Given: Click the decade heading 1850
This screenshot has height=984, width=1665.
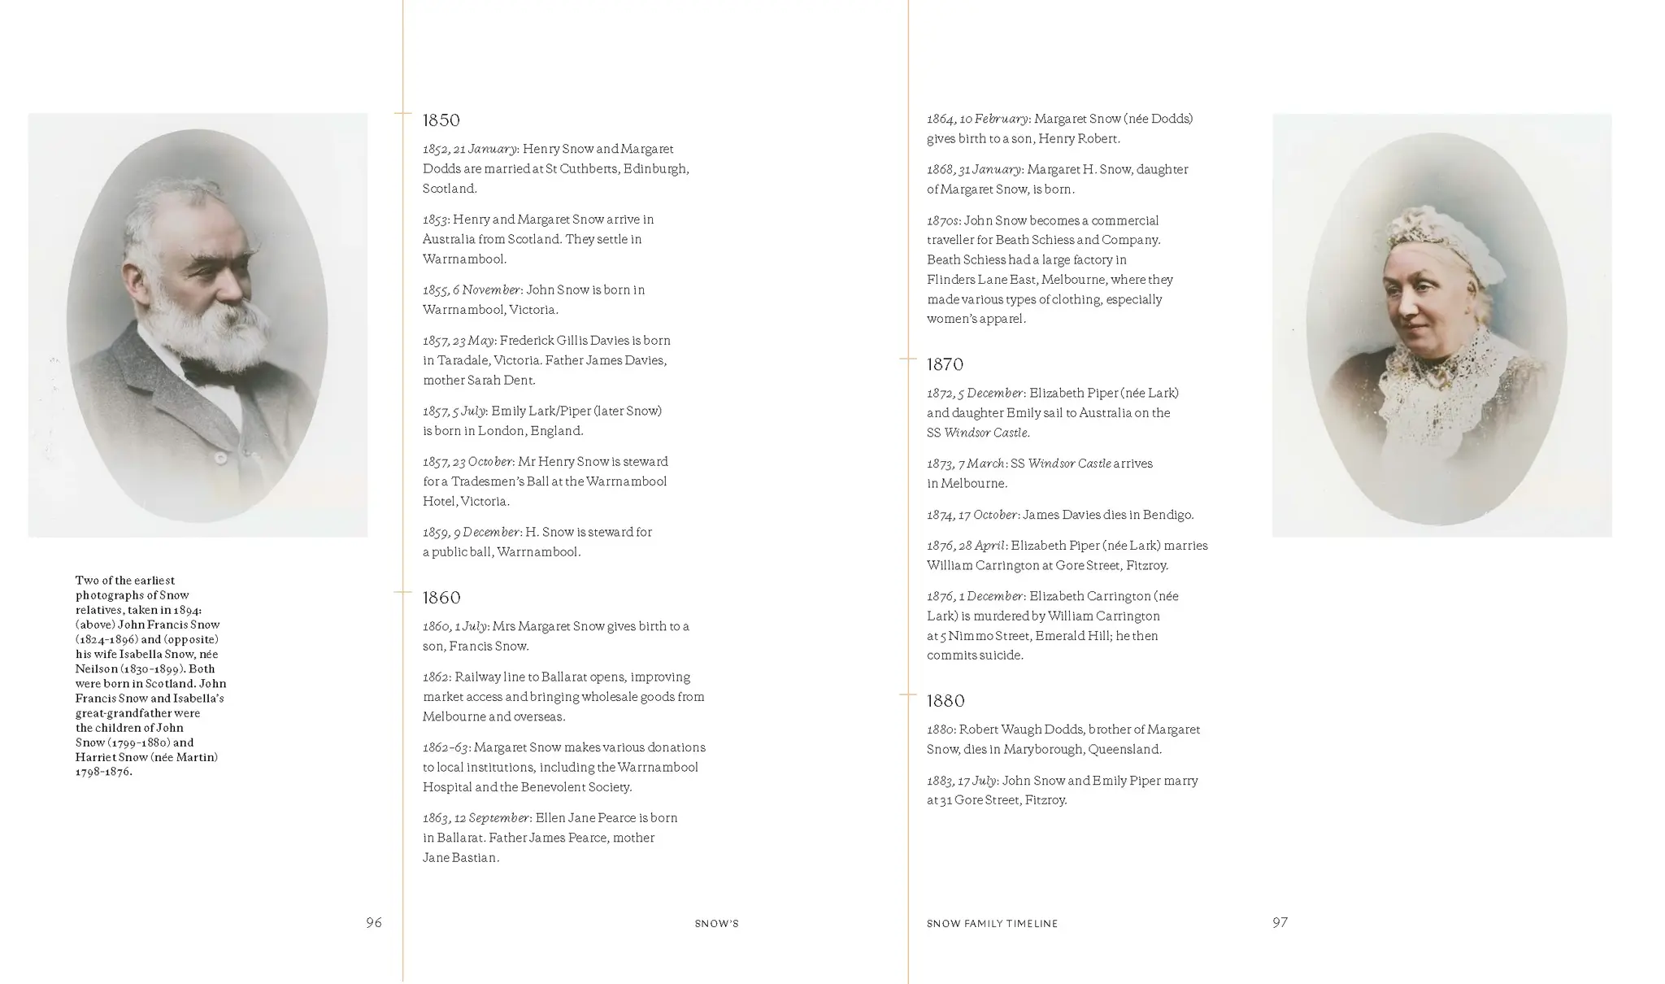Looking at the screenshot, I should point(441,120).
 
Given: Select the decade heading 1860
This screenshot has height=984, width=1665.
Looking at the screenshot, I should point(441,598).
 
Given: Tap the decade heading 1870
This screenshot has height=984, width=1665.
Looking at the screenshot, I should point(945,364).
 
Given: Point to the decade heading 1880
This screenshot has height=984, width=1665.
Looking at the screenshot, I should point(946,701).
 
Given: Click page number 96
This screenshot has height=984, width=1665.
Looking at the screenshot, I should point(373,922).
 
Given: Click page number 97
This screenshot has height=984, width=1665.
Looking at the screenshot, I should point(1280,922).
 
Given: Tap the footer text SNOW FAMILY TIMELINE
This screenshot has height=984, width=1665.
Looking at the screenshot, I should point(992,924).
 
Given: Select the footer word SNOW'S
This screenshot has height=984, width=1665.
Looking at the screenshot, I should point(716,924).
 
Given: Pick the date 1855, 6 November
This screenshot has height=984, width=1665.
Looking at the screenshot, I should point(471,290).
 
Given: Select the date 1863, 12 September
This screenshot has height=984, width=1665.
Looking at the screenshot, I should point(476,818).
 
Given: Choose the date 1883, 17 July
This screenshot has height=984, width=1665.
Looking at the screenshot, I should point(961,781).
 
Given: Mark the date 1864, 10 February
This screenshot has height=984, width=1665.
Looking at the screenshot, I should point(977,119).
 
